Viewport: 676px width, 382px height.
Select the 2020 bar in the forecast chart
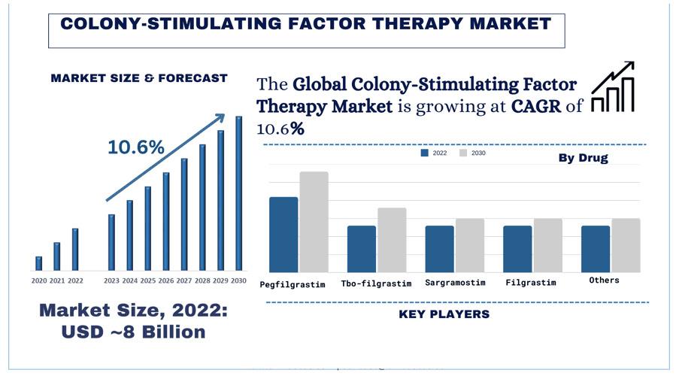pos(38,263)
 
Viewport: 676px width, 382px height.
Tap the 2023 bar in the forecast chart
pos(111,242)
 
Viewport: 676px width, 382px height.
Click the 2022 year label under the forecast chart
pos(75,281)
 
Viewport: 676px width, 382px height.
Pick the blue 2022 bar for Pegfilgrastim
pos(283,235)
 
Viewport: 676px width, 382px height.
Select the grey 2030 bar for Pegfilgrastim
pos(314,222)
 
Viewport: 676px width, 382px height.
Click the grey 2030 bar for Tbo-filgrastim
pos(392,240)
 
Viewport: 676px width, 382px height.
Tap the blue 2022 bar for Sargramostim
pos(439,249)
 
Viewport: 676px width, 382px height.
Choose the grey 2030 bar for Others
pos(626,245)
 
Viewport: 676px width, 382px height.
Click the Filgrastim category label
pos(531,283)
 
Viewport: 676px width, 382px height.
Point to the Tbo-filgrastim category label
pos(376,283)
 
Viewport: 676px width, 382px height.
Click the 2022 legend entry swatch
pos(425,153)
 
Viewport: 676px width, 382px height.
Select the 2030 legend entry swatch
pos(464,153)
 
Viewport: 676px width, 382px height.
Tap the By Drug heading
pos(583,158)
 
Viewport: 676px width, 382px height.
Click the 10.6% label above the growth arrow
pos(136,147)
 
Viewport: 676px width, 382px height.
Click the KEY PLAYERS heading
pos(444,314)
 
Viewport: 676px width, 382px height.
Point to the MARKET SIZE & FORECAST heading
pos(139,77)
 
